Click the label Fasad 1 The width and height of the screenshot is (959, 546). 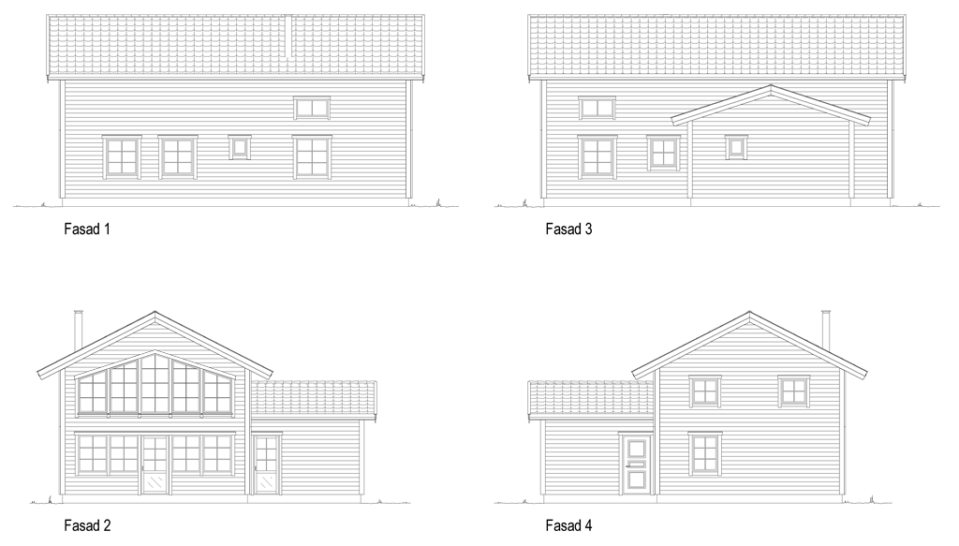click(87, 229)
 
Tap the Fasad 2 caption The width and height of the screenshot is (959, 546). click(87, 525)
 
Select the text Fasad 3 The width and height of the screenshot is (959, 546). click(568, 229)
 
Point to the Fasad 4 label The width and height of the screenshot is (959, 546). click(568, 525)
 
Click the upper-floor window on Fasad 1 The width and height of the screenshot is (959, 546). click(312, 108)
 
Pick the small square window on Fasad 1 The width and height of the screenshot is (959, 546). click(240, 147)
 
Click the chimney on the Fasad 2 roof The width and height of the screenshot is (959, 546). click(79, 331)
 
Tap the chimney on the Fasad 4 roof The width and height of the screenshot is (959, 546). click(826, 331)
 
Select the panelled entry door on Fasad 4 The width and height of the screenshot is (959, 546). click(636, 464)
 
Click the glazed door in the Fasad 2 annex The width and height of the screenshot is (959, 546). click(266, 464)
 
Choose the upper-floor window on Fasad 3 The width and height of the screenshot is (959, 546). click(597, 108)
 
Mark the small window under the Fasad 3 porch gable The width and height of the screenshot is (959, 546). click(736, 147)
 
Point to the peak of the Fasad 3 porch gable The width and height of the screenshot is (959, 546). click(771, 85)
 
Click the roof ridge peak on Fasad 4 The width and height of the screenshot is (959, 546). click(749, 313)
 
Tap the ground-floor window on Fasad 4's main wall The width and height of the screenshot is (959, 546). click(705, 454)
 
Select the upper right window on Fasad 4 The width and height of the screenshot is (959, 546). click(794, 391)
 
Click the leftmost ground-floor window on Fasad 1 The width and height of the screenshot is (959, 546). click(122, 157)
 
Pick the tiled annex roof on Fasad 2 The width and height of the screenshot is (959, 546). click(314, 398)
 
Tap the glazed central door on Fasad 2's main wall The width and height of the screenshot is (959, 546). click(155, 465)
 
